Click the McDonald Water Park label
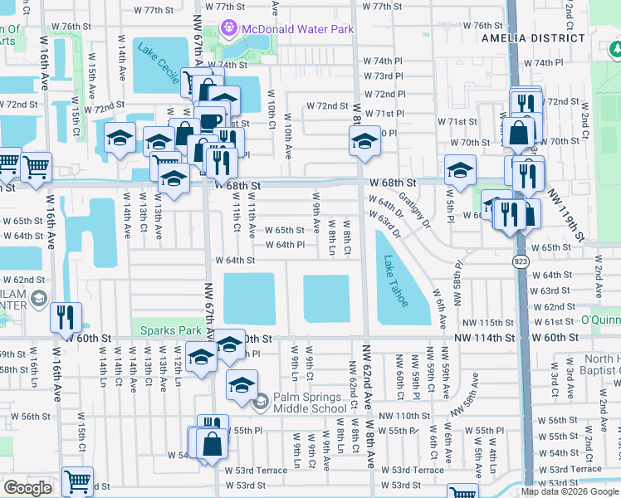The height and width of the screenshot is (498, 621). [x=298, y=30]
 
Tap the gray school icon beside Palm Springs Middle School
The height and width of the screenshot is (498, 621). [x=261, y=402]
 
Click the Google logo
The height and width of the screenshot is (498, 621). [x=27, y=488]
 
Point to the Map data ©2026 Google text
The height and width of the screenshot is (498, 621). [x=570, y=491]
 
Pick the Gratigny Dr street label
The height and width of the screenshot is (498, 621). [x=414, y=209]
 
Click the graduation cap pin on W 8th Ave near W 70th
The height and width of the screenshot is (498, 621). [x=364, y=142]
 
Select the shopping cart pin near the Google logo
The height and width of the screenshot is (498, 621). [x=77, y=481]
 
